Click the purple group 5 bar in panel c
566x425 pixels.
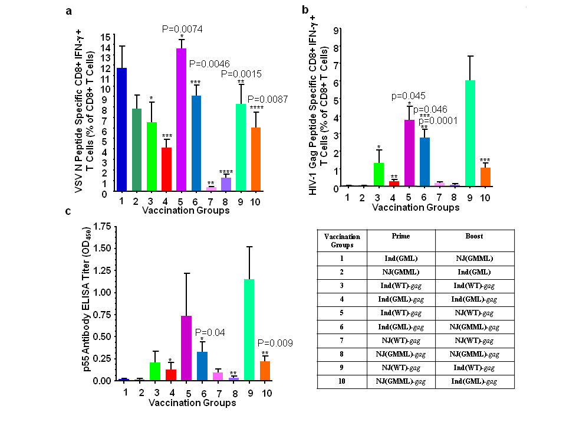(x=186, y=348)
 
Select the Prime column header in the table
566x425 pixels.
(x=400, y=236)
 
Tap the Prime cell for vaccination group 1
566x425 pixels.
(x=400, y=258)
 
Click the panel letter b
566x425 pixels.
(x=305, y=10)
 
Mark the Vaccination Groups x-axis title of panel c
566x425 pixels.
(x=192, y=403)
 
